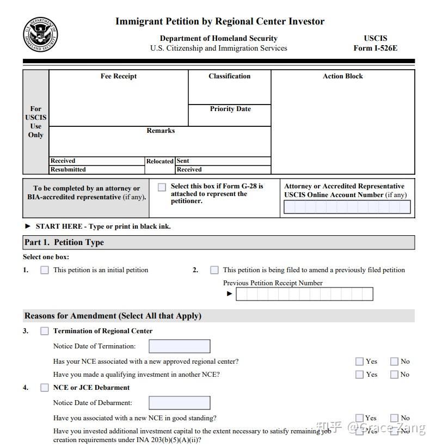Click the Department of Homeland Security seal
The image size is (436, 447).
(x=40, y=35)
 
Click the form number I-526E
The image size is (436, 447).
(x=375, y=48)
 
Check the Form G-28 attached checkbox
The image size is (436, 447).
(x=162, y=187)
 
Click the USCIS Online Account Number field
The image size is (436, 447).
(x=347, y=207)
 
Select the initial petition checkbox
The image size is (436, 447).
(x=45, y=270)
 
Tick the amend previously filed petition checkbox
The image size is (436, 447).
(x=214, y=270)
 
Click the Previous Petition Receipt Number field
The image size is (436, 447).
(x=304, y=294)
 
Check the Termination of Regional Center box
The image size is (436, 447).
(x=45, y=331)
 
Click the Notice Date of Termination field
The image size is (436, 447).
(x=180, y=346)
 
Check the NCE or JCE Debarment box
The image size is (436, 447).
(x=45, y=388)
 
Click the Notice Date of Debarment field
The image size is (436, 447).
(x=180, y=403)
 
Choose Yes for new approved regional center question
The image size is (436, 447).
(x=359, y=362)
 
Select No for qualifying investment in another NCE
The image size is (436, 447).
(x=394, y=375)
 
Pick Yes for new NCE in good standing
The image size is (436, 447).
(x=359, y=418)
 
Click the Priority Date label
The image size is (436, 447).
(x=230, y=109)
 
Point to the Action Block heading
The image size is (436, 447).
(x=342, y=76)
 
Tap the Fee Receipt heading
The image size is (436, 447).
(x=119, y=76)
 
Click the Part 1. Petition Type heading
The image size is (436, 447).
(x=64, y=242)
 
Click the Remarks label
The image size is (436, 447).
(x=161, y=131)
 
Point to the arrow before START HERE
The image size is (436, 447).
(x=28, y=226)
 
